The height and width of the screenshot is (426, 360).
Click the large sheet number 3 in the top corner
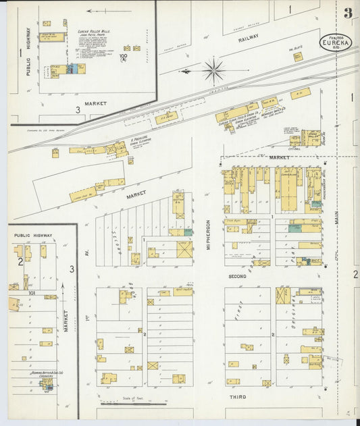[x=347, y=13]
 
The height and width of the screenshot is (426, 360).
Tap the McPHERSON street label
[x=209, y=236]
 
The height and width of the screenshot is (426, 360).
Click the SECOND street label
[x=237, y=277]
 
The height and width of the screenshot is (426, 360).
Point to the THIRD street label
[x=236, y=397]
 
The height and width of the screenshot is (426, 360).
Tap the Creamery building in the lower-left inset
[x=47, y=383]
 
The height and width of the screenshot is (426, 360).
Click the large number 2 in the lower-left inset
[x=20, y=261]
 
